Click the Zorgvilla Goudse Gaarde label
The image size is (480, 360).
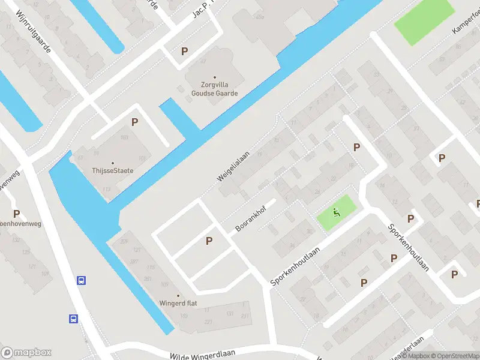(x=214, y=89)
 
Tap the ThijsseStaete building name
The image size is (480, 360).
(x=113, y=170)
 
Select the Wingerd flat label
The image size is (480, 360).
(x=178, y=303)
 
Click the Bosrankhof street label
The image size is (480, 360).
(x=250, y=220)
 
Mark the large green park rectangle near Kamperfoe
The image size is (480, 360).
(x=424, y=22)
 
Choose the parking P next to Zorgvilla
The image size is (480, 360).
(x=184, y=52)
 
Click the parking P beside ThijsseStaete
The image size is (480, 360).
(x=134, y=122)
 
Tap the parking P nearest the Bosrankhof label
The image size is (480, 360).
(x=209, y=241)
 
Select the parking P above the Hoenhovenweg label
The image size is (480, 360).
(x=16, y=214)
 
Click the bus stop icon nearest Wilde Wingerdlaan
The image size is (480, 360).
(x=73, y=319)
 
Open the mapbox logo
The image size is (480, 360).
(x=26, y=352)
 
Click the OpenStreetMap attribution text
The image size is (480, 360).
(x=455, y=356)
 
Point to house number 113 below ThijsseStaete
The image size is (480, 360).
(x=107, y=188)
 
